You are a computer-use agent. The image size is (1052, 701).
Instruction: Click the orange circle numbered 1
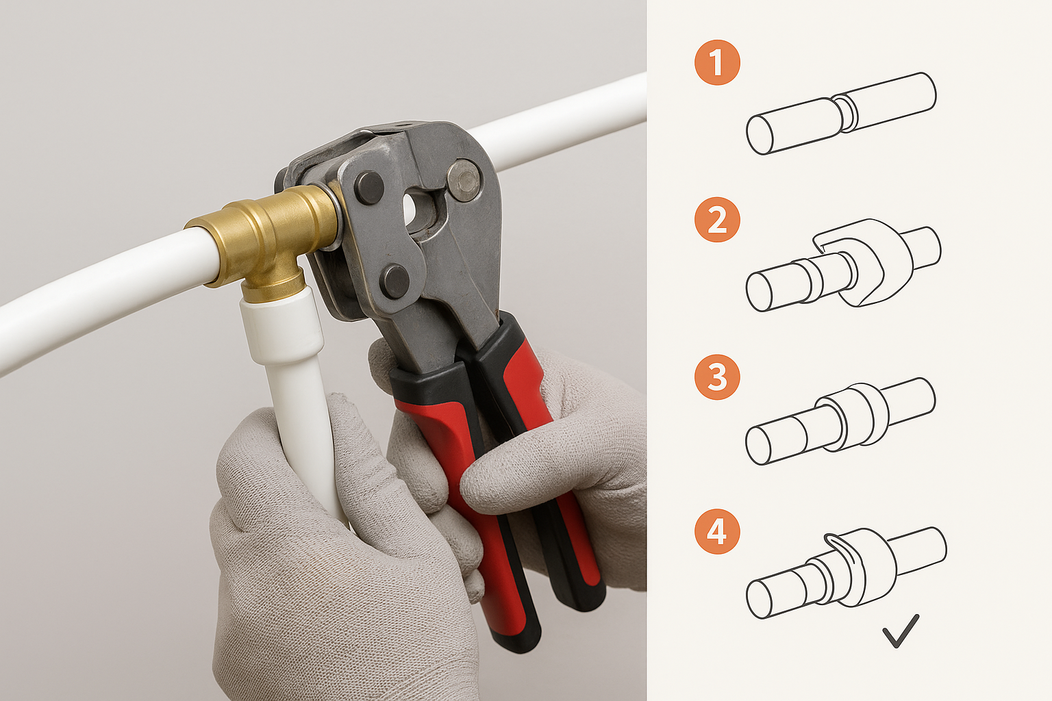point(717,62)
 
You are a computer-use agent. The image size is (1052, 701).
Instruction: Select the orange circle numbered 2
point(717,219)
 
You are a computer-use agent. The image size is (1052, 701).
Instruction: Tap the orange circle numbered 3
point(717,377)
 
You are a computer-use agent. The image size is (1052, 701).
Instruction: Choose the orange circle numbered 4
point(717,531)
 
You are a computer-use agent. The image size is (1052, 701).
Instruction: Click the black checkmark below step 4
point(900,631)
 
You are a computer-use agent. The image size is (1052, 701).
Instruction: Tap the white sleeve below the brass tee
point(282,324)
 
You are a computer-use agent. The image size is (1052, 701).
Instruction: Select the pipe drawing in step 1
point(841,114)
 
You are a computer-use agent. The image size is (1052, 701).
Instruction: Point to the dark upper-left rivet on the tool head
point(370,188)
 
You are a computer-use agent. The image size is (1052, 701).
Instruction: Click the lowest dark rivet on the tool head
point(394,281)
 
